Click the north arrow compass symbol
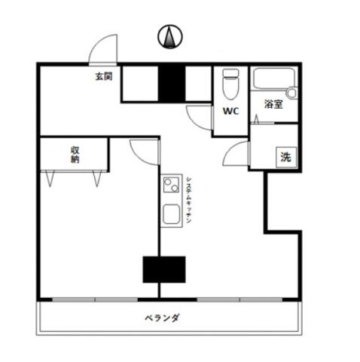coord(170,37)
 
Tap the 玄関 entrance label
coord(104,76)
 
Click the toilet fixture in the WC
coord(230,84)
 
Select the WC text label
coord(230,111)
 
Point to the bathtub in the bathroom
coord(273,78)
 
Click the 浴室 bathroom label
coord(273,104)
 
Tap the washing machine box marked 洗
coord(286,158)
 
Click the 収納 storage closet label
coord(75,155)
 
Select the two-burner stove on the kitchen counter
coord(171,185)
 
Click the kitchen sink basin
coord(172,214)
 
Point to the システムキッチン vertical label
coord(189,200)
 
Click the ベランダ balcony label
coord(162,318)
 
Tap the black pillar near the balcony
coord(164,269)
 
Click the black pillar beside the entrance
coord(172,84)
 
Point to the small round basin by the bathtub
coord(292,93)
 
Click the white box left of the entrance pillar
coord(140,84)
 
